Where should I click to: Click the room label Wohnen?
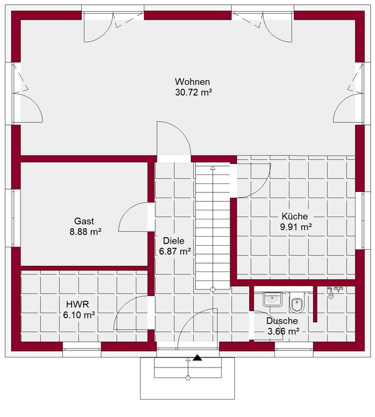pyautogui.click(x=192, y=81)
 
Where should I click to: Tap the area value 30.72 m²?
pyautogui.click(x=193, y=92)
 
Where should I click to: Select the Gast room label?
pyautogui.click(x=84, y=221)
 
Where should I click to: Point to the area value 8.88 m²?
pyautogui.click(x=85, y=231)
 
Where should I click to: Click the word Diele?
pyautogui.click(x=174, y=241)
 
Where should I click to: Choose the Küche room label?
pyautogui.click(x=295, y=216)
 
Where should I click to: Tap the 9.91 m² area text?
pyautogui.click(x=296, y=227)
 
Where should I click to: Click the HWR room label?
pyautogui.click(x=77, y=304)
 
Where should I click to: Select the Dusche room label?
pyautogui.click(x=282, y=321)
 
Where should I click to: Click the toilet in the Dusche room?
pyautogui.click(x=297, y=303)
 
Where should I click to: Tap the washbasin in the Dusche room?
pyautogui.click(x=272, y=300)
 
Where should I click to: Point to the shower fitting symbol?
pyautogui.click(x=334, y=290)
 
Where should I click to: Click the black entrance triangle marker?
pyautogui.click(x=197, y=358)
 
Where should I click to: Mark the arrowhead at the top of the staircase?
pyautogui.click(x=213, y=168)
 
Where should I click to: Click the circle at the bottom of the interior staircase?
pyautogui.click(x=213, y=289)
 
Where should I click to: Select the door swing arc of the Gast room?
pyautogui.click(x=128, y=210)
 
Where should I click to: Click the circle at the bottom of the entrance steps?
pyautogui.click(x=188, y=377)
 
